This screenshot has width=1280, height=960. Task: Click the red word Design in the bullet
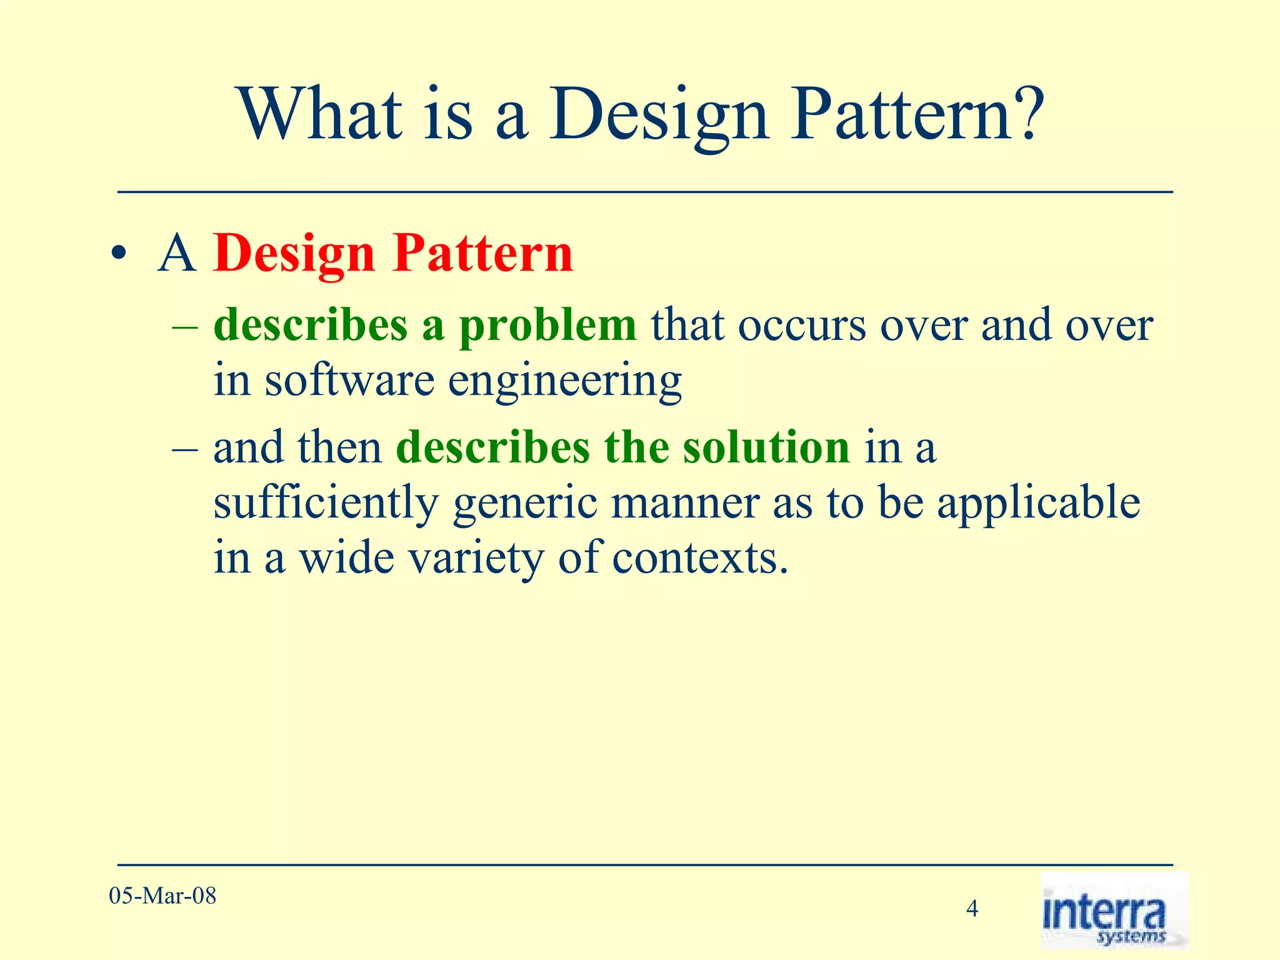[294, 254]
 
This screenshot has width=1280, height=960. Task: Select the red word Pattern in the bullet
[482, 254]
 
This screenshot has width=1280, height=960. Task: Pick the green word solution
[766, 447]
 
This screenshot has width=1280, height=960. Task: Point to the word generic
[525, 504]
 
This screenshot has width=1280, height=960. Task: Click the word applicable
[1038, 504]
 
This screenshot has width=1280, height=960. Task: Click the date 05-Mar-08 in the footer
[162, 896]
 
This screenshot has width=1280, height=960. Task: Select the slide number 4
[972, 908]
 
